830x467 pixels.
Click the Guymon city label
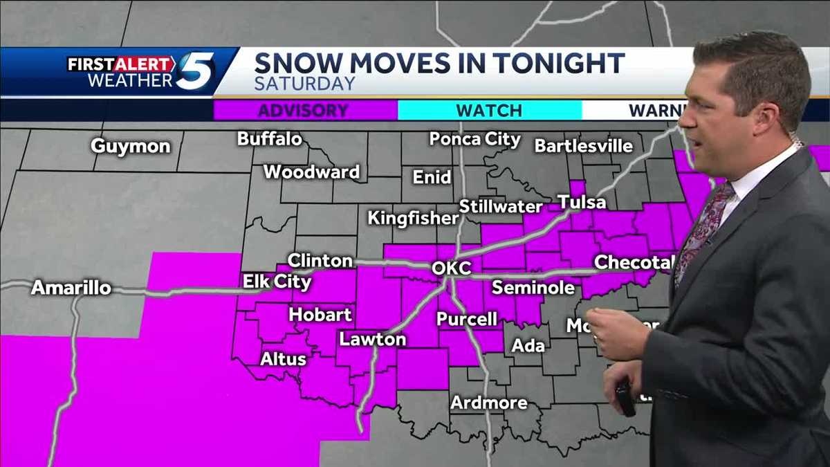click(131, 147)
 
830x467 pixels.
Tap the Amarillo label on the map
click(71, 288)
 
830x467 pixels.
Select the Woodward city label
click(311, 172)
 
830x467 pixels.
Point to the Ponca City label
click(474, 139)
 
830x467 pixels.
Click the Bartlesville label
click(583, 146)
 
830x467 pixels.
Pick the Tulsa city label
click(582, 203)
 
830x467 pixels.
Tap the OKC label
click(451, 268)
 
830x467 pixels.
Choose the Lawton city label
click(372, 340)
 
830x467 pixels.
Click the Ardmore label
click(489, 403)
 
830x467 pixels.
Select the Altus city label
click(283, 359)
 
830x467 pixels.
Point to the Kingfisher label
click(413, 219)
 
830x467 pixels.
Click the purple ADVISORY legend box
click(305, 111)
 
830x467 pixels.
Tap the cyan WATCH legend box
click(489, 111)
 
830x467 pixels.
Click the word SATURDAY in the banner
click(304, 84)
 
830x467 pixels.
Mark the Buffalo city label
click(269, 139)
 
